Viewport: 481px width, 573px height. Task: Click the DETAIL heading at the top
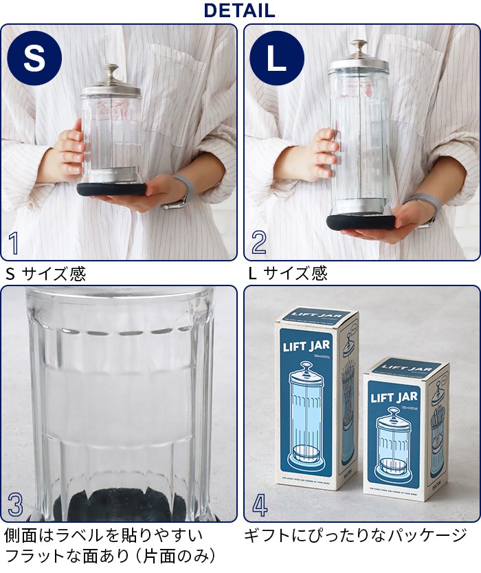[240, 11]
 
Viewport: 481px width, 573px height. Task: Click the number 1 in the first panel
[14, 244]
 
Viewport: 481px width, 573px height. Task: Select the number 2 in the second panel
[259, 244]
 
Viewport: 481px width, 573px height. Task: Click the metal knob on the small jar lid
[110, 71]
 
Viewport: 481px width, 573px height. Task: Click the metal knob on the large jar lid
[359, 47]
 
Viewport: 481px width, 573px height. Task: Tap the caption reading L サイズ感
[288, 274]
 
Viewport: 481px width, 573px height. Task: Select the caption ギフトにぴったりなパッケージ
[355, 535]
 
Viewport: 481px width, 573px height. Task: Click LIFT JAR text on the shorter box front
[394, 397]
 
